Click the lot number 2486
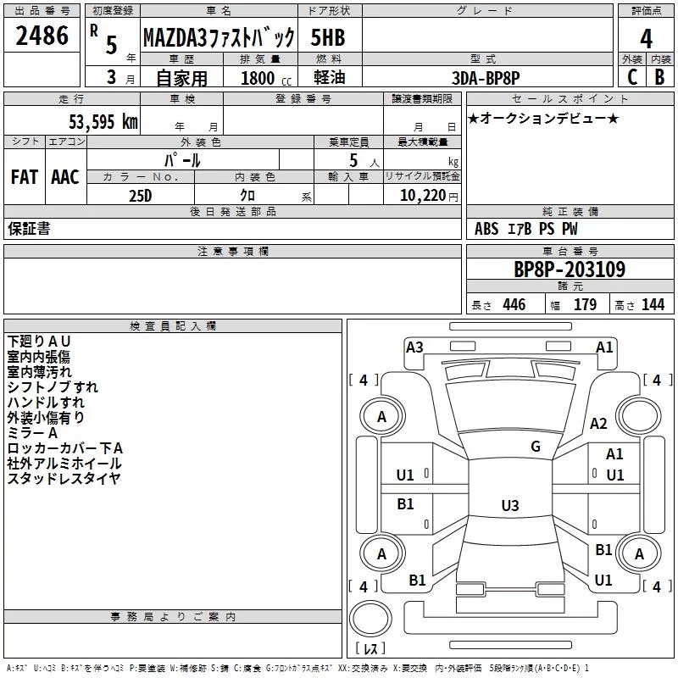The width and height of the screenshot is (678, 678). [x=42, y=36]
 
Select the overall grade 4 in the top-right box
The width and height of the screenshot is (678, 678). [x=646, y=39]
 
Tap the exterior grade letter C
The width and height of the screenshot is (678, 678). [x=632, y=77]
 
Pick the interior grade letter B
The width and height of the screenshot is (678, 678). [x=659, y=77]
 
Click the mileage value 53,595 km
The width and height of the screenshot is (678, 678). [x=103, y=122]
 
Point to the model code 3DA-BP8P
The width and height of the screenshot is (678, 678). [x=486, y=78]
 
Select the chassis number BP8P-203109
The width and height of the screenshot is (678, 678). [x=570, y=270]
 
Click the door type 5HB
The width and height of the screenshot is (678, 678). [x=328, y=37]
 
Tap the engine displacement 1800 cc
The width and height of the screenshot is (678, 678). [x=266, y=78]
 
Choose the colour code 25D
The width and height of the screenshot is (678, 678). [x=140, y=196]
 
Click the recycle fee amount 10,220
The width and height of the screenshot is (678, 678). [x=422, y=196]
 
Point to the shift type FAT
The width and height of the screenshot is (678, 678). [x=25, y=177]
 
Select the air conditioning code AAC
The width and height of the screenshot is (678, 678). [x=65, y=177]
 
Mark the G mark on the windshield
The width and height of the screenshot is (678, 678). [x=536, y=447]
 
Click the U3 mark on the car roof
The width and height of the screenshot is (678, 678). [x=510, y=505]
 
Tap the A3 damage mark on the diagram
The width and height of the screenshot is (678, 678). [x=414, y=347]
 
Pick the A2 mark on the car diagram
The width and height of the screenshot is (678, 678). [x=598, y=423]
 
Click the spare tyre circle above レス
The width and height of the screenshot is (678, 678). [x=370, y=619]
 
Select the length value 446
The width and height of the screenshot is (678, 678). [x=514, y=304]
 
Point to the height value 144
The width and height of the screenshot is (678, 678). [x=653, y=304]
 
